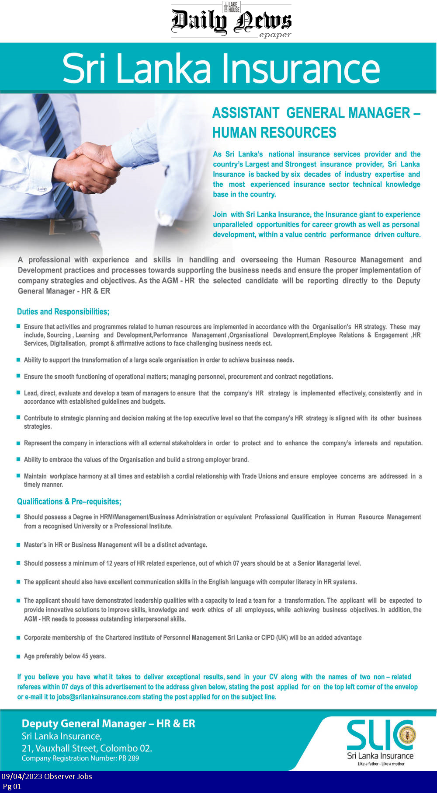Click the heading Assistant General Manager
[316, 113]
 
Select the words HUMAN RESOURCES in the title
[274, 133]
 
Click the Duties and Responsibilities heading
[63, 312]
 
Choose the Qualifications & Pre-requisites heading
[69, 502]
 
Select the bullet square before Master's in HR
[18, 545]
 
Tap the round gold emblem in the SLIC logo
[407, 735]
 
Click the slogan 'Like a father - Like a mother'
[381, 764]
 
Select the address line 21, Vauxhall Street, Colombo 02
[87, 748]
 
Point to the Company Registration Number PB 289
[80, 758]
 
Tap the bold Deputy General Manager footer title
[108, 724]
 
